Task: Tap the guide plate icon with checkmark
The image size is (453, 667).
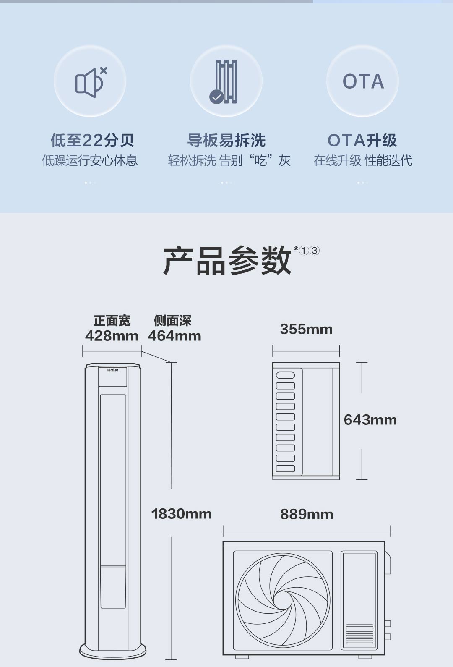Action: (226, 81)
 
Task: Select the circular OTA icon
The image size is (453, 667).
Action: (362, 81)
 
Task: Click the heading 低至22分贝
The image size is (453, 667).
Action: (92, 140)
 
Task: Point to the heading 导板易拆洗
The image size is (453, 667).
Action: (226, 140)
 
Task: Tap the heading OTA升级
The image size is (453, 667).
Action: (362, 140)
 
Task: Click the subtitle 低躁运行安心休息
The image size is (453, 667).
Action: (90, 160)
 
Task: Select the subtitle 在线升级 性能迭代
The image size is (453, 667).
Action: (363, 160)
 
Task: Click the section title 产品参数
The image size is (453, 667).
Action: (227, 260)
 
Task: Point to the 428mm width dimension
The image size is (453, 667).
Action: (112, 336)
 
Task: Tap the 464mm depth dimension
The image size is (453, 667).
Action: (174, 336)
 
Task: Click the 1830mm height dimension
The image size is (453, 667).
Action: (181, 514)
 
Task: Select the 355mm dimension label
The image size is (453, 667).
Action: (306, 329)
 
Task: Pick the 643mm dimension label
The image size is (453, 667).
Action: (370, 420)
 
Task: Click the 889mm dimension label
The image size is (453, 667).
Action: (307, 514)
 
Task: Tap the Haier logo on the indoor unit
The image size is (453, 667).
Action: (113, 370)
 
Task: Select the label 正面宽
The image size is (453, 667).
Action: (112, 321)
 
